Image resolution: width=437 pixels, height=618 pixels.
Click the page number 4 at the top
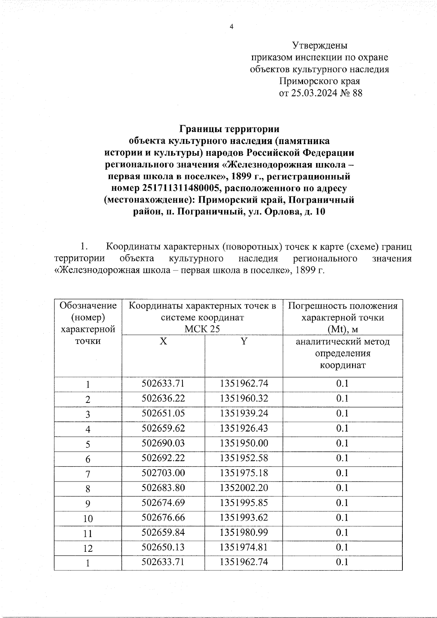tap(231, 27)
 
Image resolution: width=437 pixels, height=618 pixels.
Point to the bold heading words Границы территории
tap(229, 129)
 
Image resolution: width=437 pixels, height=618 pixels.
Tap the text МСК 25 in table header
tap(202, 329)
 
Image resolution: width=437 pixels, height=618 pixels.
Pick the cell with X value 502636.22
tap(164, 399)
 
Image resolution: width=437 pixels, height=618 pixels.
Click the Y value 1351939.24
tap(244, 413)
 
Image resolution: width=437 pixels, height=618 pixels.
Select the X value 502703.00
tap(164, 473)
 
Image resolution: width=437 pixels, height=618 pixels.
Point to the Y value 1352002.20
tap(244, 488)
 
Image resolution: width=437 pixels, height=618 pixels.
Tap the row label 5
tap(88, 444)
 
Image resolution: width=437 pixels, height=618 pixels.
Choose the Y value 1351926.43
tap(244, 428)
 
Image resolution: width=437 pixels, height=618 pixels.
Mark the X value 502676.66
tap(164, 518)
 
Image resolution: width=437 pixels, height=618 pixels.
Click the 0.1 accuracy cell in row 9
tap(342, 503)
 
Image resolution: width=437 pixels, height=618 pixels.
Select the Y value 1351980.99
tap(244, 533)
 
